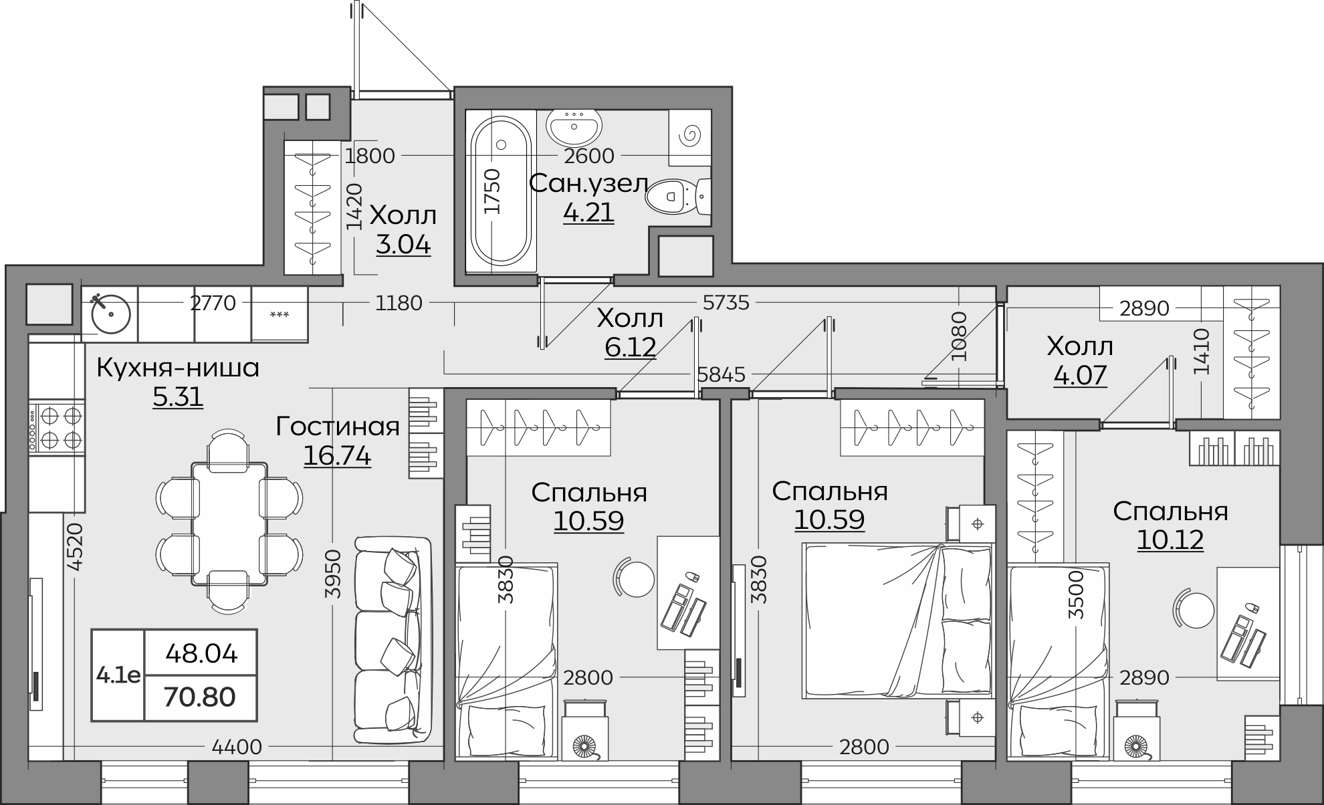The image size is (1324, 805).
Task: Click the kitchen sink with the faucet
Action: (110, 312)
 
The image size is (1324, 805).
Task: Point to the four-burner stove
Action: (56, 427)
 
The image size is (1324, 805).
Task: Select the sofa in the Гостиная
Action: (393, 639)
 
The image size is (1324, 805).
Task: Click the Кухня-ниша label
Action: (178, 368)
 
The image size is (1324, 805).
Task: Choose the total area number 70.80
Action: (201, 697)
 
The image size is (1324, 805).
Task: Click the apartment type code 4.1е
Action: (118, 675)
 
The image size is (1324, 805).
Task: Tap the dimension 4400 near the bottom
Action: (237, 746)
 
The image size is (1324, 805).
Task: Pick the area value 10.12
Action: (1170, 540)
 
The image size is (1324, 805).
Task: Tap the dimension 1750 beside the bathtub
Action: (491, 192)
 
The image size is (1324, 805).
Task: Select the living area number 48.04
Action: (201, 653)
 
